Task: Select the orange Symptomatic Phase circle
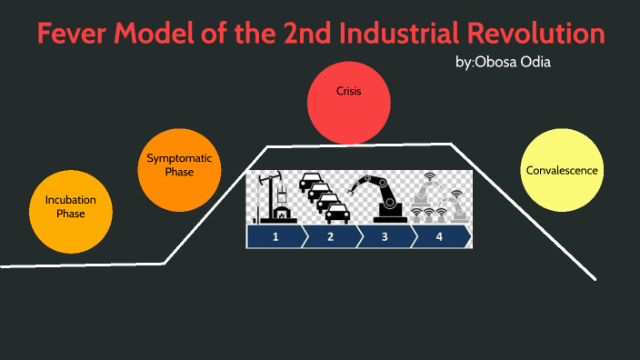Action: click(179, 165)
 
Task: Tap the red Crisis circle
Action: click(350, 99)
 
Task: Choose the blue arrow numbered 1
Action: click(274, 237)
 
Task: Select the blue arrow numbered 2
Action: click(330, 237)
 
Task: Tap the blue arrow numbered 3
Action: click(385, 237)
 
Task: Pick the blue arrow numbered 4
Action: click(440, 237)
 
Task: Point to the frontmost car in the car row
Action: click(336, 211)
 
